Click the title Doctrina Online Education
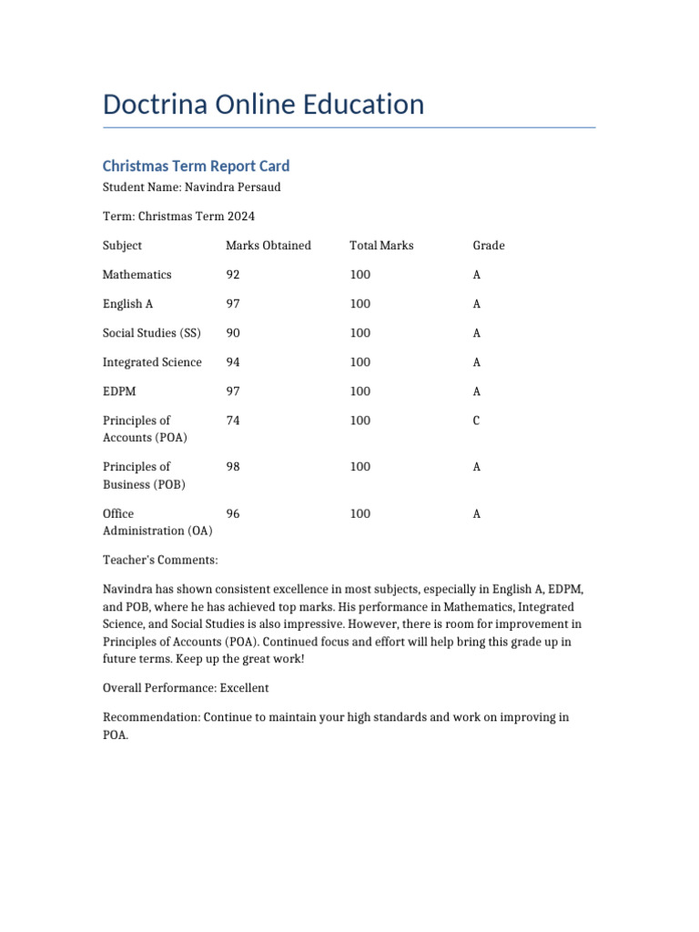coord(263,105)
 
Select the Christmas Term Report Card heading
coord(196,166)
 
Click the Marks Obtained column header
coord(268,246)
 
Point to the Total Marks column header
coord(381,246)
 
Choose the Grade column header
coord(489,246)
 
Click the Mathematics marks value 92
coord(233,275)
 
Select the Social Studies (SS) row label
coord(151,333)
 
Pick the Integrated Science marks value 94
coord(233,362)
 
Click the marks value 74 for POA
coord(233,420)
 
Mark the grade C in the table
coord(477,420)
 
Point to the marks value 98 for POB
coord(233,467)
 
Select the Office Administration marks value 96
coord(233,514)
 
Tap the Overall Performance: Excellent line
coord(186,688)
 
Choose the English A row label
coord(122,304)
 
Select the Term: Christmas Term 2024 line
coord(178,217)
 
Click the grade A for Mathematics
coord(477,275)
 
